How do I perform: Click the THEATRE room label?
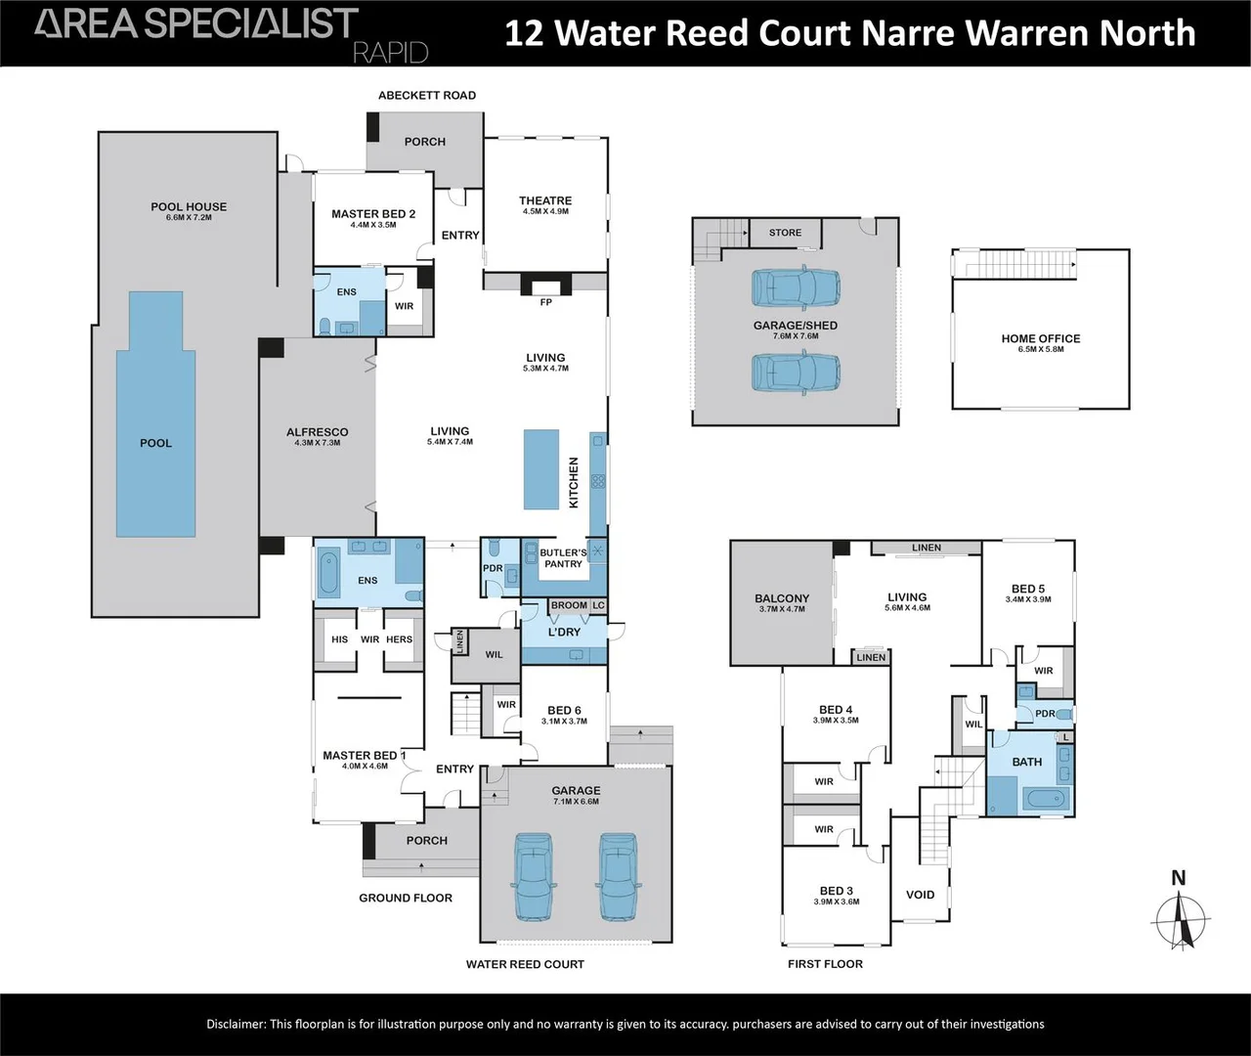[x=545, y=200]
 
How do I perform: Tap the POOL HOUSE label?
[x=189, y=206]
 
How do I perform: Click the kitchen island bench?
[x=541, y=469]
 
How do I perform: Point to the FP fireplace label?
[x=546, y=302]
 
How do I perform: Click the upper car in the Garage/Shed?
[x=796, y=287]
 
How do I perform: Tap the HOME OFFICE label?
[x=1041, y=338]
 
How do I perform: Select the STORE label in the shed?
[x=785, y=233]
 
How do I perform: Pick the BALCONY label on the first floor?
[x=782, y=598]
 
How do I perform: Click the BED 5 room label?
[x=1028, y=590]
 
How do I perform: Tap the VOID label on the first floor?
[x=920, y=895]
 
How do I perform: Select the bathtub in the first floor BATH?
[x=1047, y=800]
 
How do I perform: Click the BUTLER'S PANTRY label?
[x=564, y=558]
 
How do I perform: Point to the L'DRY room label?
[x=564, y=632]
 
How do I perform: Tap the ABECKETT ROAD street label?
[x=427, y=95]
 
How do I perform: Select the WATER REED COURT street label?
[x=525, y=964]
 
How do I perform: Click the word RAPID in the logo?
[x=390, y=52]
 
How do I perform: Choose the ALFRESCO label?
[x=317, y=432]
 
